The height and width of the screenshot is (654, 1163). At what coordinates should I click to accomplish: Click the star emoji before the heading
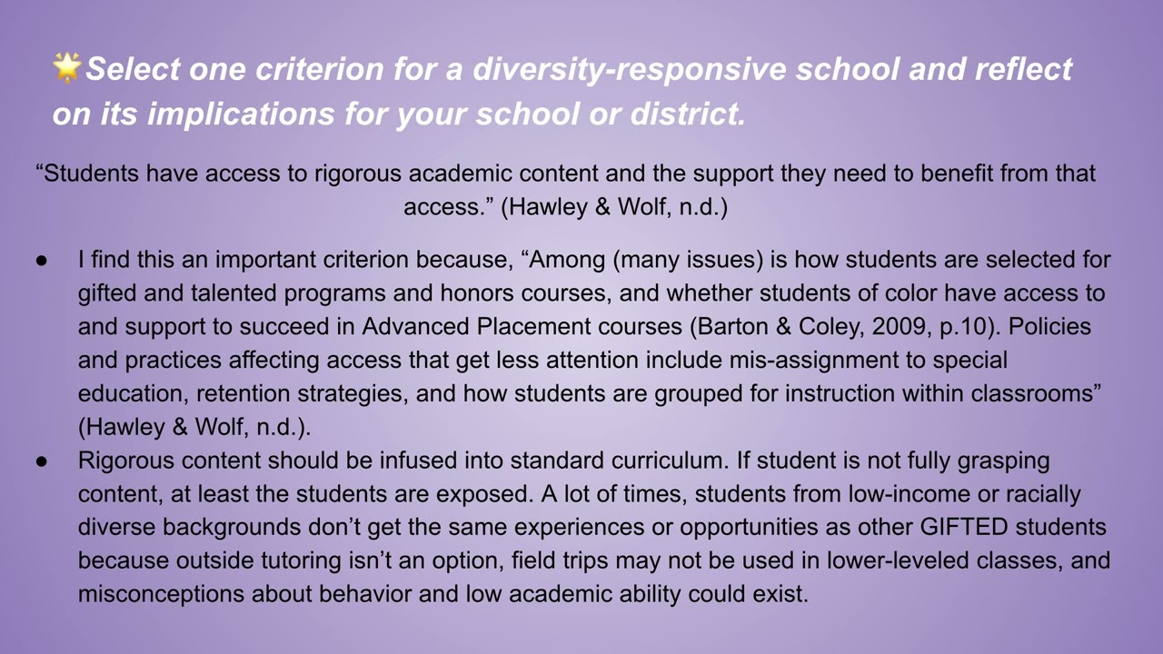[67, 67]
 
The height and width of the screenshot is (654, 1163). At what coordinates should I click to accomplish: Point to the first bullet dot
[42, 261]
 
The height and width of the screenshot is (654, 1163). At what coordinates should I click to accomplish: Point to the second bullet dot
[42, 461]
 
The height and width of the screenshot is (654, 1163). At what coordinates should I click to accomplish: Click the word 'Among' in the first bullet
[568, 260]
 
